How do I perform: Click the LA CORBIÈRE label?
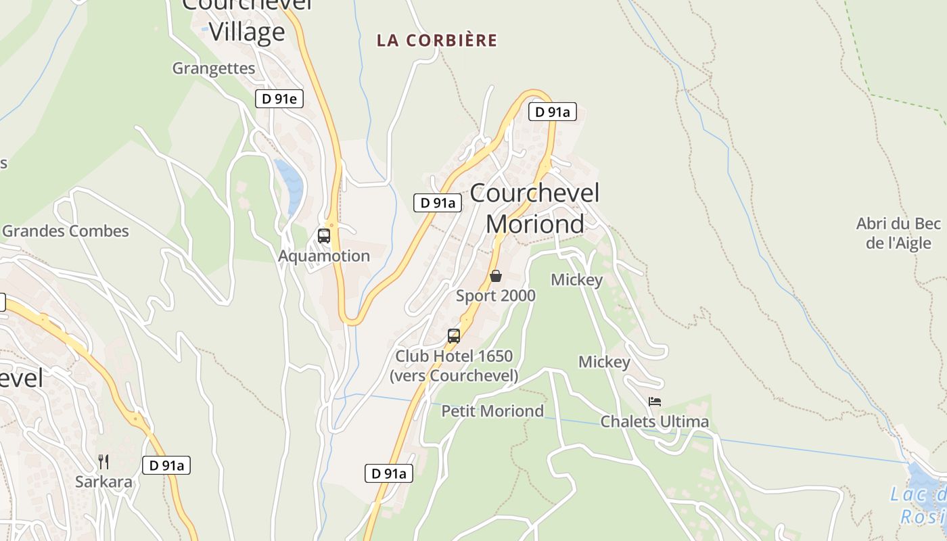437,41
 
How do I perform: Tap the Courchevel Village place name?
247,20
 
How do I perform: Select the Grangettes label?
214,68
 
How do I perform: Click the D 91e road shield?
279,99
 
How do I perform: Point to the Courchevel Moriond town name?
534,208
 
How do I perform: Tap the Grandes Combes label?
66,231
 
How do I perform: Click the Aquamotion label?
324,256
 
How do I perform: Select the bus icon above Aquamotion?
324,236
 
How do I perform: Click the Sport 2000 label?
496,296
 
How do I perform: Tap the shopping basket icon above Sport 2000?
496,276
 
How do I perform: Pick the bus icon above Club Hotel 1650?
454,336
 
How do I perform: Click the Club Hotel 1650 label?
454,366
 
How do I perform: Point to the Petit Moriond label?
492,411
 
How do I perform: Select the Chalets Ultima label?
655,422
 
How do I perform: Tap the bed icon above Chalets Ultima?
654,402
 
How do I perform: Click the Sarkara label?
103,482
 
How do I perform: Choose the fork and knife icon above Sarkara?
103,462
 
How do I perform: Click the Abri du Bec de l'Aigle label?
898,233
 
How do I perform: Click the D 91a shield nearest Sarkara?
166,465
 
